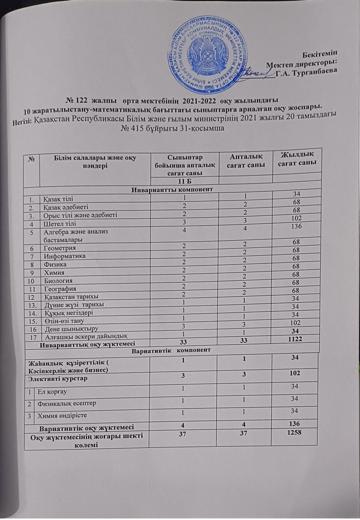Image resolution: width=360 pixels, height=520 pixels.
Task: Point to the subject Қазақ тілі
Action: (59, 198)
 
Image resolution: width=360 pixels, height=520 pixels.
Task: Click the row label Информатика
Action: (65, 255)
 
